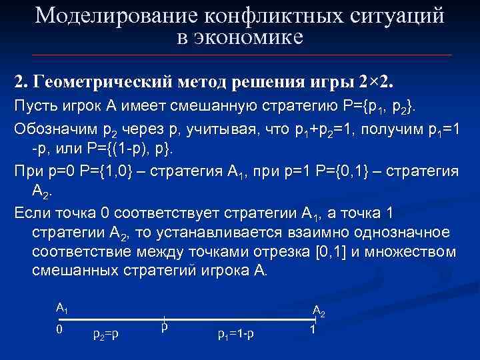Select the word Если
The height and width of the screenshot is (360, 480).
31,214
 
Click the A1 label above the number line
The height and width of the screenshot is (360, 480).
61,308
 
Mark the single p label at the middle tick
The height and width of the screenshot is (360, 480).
164,328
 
